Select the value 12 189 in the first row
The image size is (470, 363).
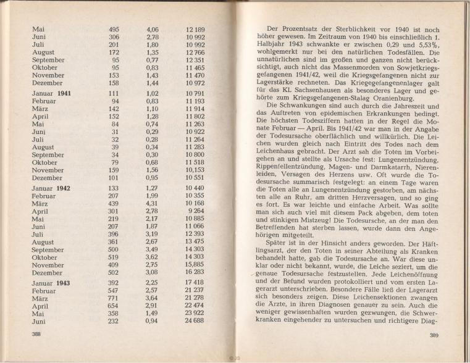click(195, 30)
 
